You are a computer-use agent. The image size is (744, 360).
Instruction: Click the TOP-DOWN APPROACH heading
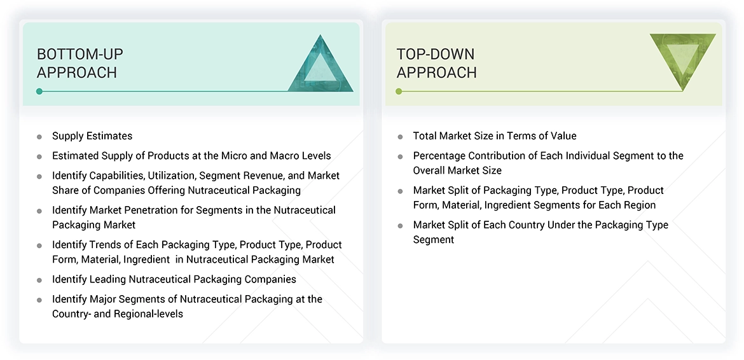[436, 63]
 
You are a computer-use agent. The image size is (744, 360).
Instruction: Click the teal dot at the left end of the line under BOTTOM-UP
[39, 92]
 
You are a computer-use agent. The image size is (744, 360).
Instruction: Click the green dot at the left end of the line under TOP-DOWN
[399, 92]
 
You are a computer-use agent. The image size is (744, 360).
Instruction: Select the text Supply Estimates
[92, 136]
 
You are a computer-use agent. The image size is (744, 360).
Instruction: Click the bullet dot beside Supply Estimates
[39, 137]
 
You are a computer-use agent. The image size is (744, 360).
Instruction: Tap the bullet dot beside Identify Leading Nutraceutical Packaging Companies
[39, 280]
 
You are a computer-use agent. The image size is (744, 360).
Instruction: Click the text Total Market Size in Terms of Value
[495, 136]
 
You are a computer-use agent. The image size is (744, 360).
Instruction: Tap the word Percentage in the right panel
[441, 156]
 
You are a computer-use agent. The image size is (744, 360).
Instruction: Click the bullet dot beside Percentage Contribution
[400, 156]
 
